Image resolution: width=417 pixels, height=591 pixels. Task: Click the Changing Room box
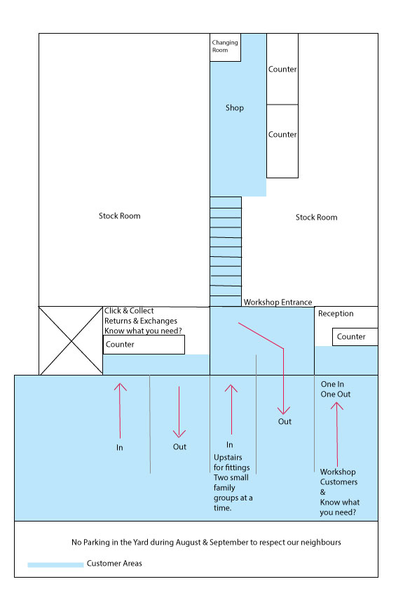coord(225,48)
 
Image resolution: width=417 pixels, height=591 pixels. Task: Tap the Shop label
coord(235,108)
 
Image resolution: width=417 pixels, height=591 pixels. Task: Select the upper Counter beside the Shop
coord(282,69)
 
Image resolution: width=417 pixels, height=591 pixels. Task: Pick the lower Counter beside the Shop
coord(282,141)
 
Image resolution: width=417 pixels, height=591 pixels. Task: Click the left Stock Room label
coord(119,216)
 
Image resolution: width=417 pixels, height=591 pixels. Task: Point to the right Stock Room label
coord(317,218)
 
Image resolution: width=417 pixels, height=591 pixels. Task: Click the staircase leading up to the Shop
coord(226,251)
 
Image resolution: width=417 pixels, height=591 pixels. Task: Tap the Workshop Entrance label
coord(278,303)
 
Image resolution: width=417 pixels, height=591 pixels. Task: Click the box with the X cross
coord(71,340)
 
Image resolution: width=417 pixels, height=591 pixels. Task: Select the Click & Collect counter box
coord(144,345)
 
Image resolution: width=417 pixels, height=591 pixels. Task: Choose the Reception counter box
coord(355,337)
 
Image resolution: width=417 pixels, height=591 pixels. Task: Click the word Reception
coord(336,314)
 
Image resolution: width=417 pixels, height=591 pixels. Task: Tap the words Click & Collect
coord(129,310)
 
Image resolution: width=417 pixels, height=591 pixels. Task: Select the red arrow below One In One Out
coord(337,434)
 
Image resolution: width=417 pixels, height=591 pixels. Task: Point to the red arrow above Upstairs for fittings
coord(231,409)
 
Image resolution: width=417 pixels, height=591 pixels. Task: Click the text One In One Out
coord(335,390)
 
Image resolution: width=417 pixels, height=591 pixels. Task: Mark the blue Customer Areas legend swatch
coord(55,564)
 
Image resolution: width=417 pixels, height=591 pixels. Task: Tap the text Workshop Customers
coord(339,477)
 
